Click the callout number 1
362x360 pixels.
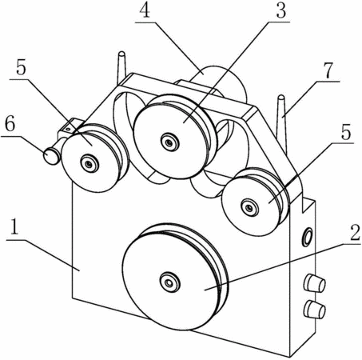pos(14,226)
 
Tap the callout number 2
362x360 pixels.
pos(353,232)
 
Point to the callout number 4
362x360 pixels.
pos(145,10)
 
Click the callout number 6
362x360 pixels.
pos(10,125)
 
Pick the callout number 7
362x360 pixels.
pos(328,70)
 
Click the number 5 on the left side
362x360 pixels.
pos(21,68)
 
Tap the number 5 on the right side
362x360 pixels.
pos(345,132)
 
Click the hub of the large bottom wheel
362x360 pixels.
pos(169,282)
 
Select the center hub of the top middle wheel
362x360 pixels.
pos(168,143)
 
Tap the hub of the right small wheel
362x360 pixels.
pos(249,207)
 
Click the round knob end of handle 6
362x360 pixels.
pos(50,157)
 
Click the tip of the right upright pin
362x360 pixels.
pos(281,97)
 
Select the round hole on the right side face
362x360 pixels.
pos(307,237)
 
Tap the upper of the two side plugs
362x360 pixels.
pos(315,283)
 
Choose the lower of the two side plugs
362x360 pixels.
pos(315,309)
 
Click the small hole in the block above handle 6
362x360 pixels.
pos(68,129)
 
